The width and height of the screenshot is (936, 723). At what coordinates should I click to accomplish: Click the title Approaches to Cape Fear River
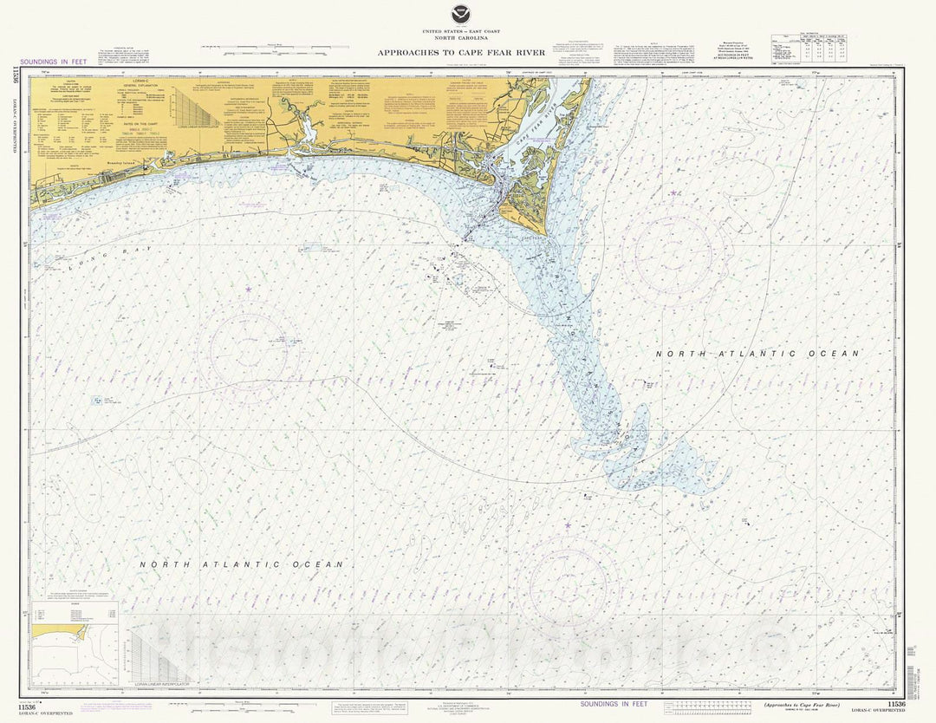(x=461, y=53)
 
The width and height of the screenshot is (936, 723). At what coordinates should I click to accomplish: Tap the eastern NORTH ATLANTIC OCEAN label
(x=757, y=354)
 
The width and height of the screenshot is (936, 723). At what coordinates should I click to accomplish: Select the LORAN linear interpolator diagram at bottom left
(x=159, y=660)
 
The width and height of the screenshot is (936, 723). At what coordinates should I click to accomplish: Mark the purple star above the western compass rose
(x=249, y=288)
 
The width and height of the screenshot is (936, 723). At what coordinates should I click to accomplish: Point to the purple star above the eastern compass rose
(x=673, y=192)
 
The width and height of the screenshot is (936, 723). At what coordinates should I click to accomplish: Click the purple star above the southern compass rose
(x=568, y=525)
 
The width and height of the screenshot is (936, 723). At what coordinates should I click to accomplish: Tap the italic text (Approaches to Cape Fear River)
(x=802, y=705)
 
